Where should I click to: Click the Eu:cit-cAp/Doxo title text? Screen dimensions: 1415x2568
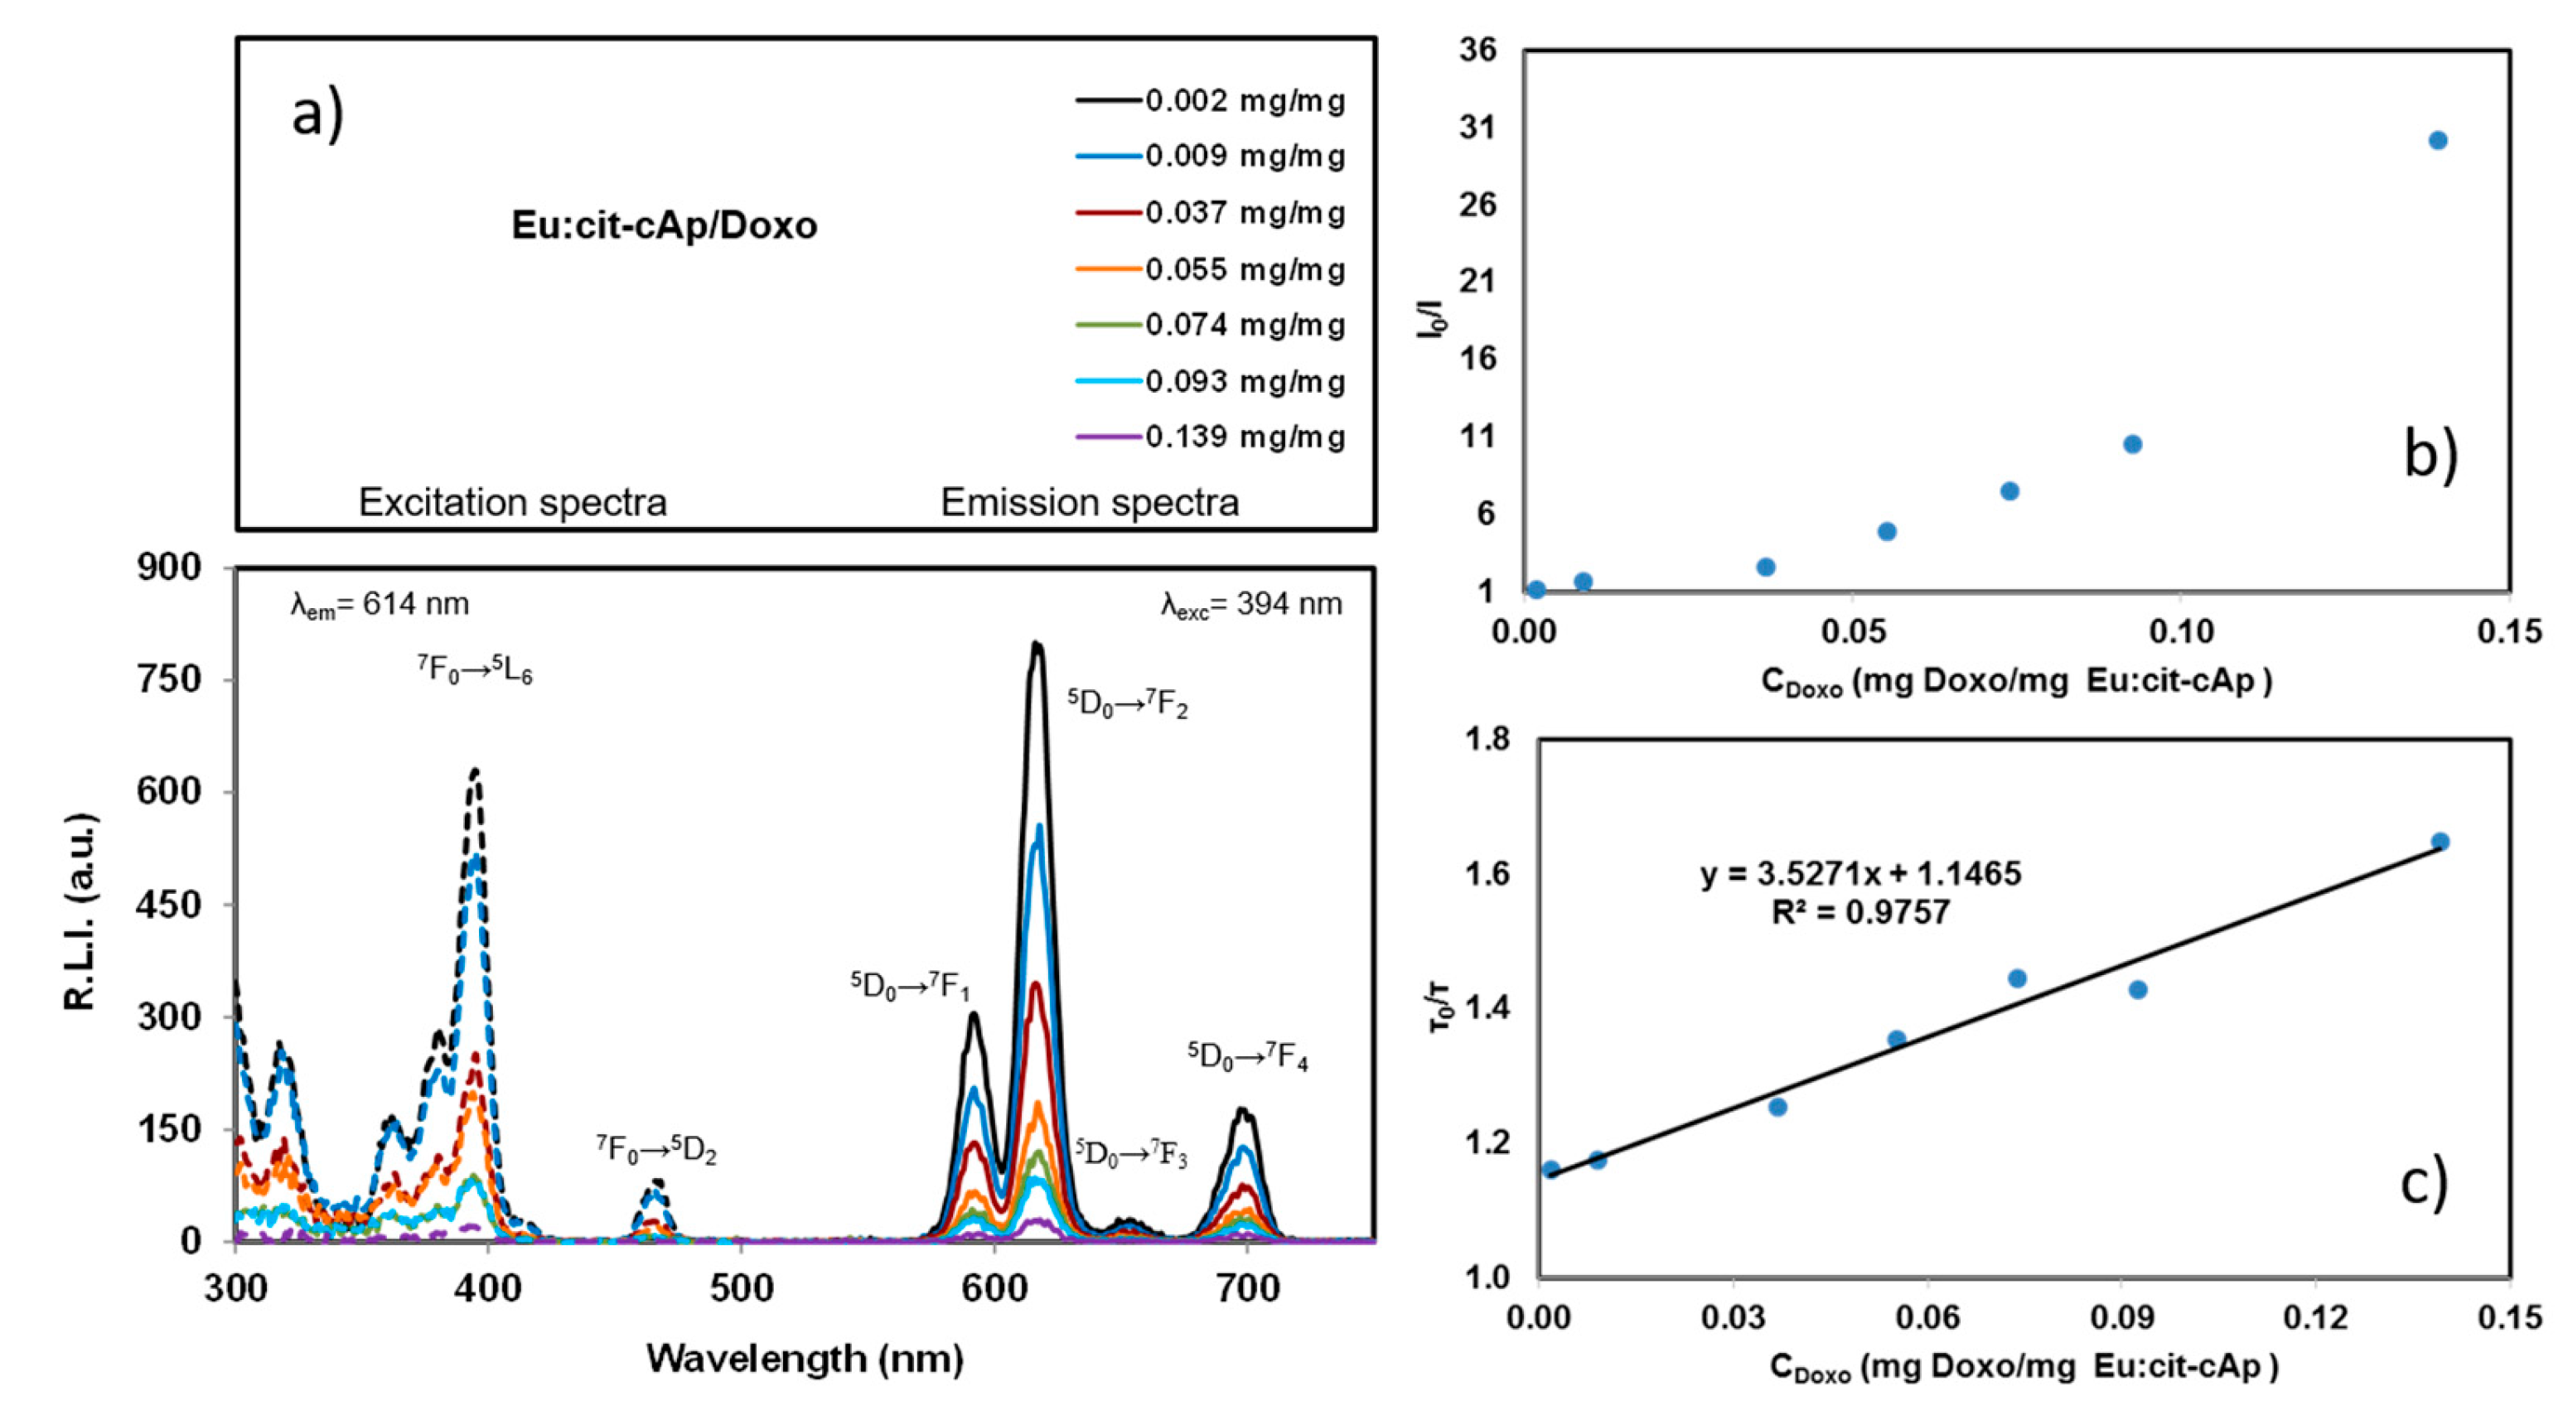tap(664, 226)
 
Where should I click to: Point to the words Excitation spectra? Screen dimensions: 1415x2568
tap(512, 502)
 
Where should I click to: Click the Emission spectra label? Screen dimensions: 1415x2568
tap(1090, 502)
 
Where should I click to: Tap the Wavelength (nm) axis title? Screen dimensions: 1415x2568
tap(805, 1358)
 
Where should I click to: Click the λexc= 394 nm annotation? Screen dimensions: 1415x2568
tap(1251, 604)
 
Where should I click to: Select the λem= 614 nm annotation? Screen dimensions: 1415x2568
tap(380, 604)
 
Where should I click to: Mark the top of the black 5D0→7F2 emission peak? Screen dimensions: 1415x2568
tap(1037, 645)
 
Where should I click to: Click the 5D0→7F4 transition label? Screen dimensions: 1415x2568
tap(1247, 1056)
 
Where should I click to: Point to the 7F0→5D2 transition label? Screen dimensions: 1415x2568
tap(657, 1149)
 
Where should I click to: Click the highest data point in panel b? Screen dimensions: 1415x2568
tap(2437, 141)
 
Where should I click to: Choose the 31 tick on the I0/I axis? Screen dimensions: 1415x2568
tap(1478, 128)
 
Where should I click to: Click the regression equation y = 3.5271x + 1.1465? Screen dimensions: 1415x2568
tap(1860, 874)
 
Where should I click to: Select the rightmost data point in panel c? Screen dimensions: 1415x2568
tap(2440, 842)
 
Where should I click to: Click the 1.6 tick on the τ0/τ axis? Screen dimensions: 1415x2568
tap(1486, 874)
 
